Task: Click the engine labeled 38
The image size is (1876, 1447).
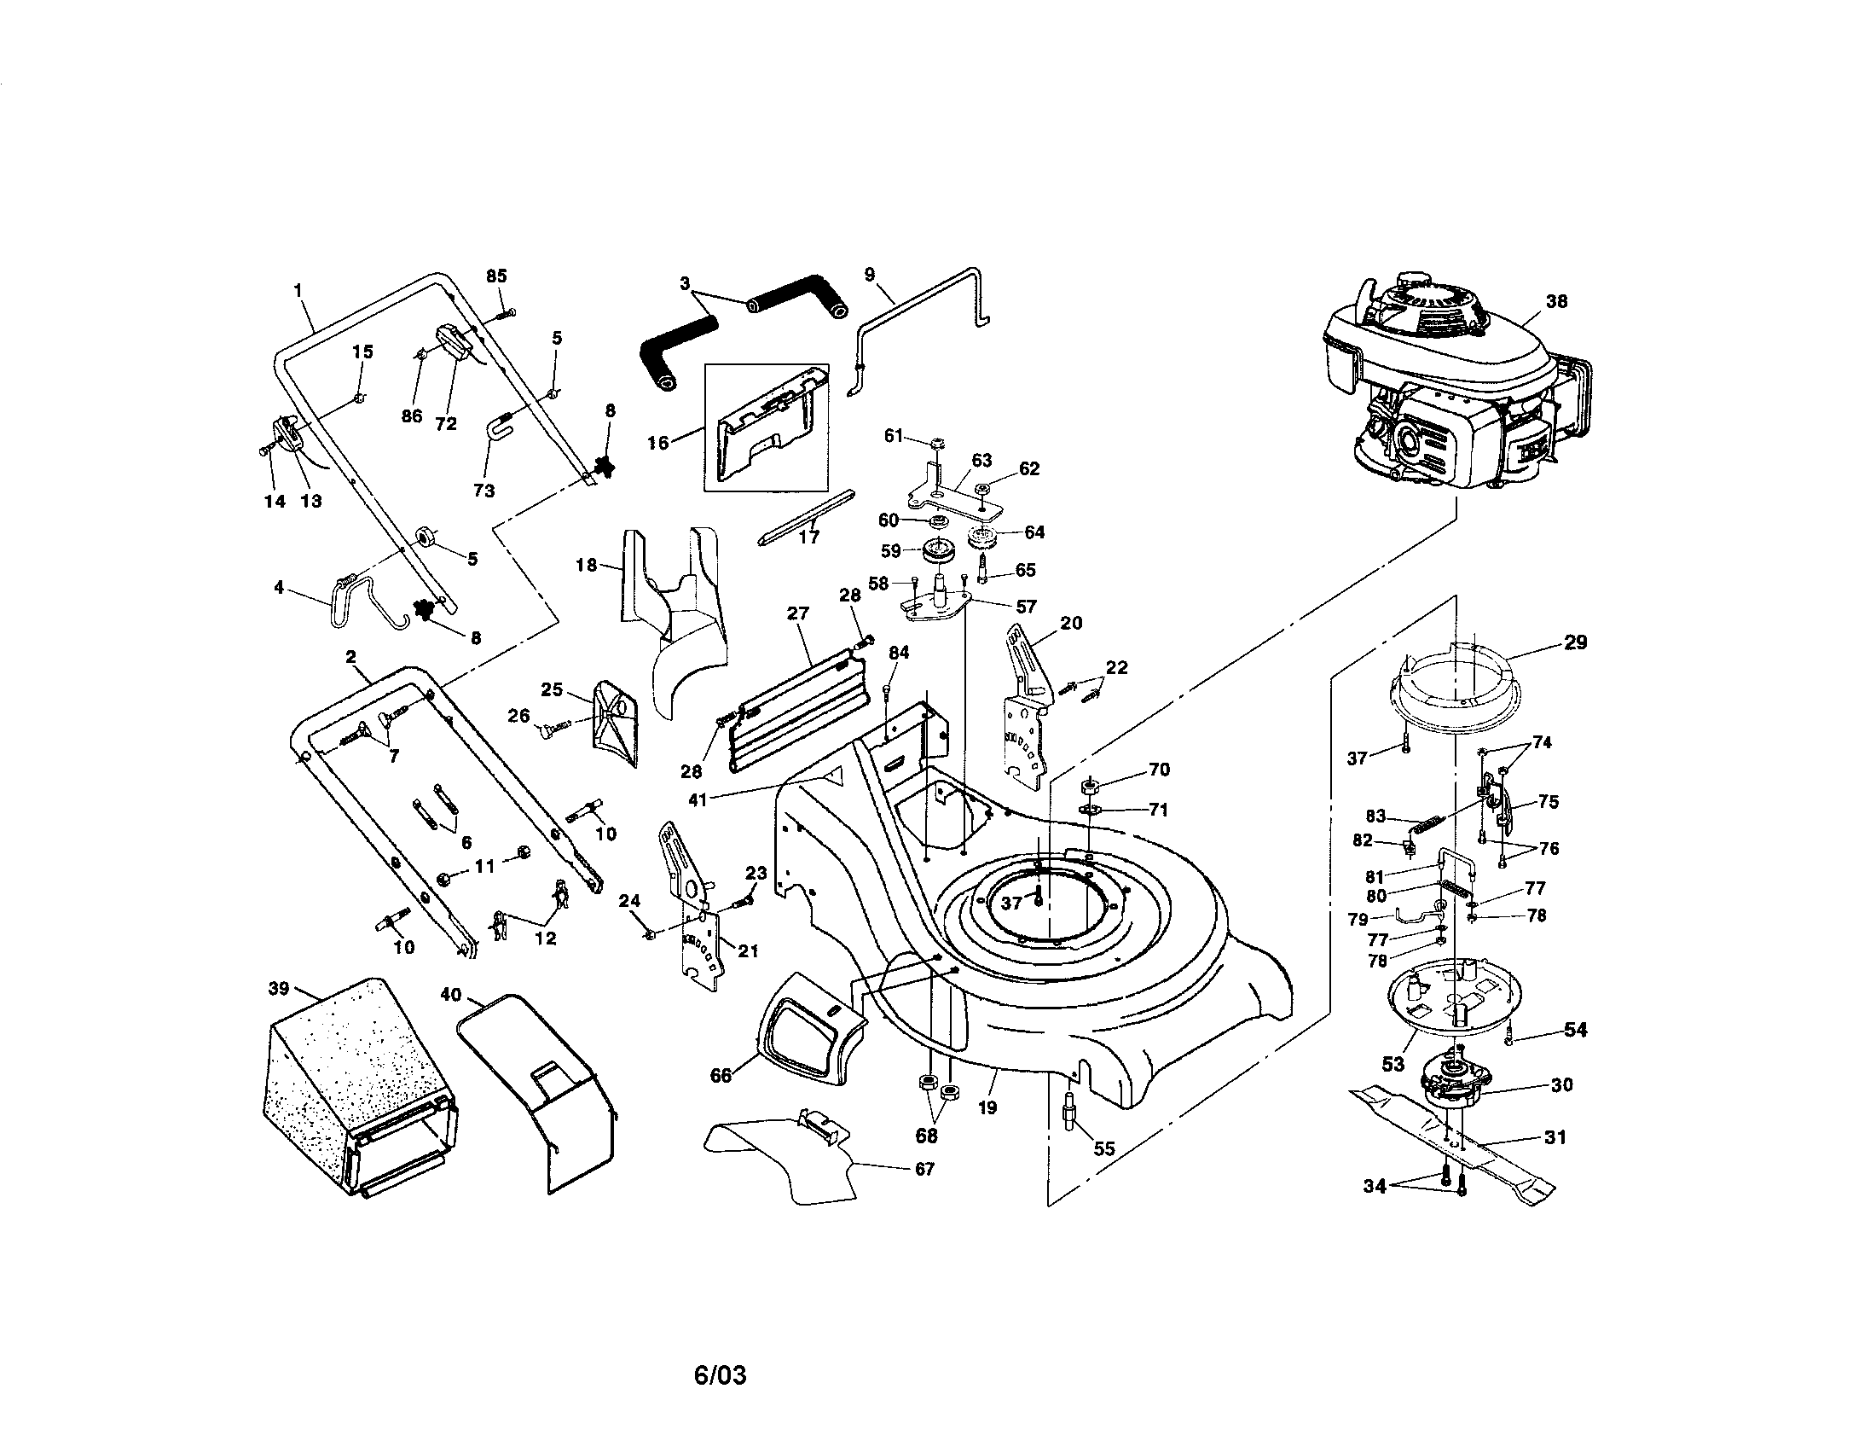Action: click(x=1451, y=386)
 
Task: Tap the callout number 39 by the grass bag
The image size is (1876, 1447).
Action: click(x=279, y=989)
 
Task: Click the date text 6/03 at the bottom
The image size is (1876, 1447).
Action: click(x=720, y=1375)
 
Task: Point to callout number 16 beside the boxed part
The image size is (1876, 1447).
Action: click(x=658, y=444)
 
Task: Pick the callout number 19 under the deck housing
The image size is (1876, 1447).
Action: click(x=987, y=1107)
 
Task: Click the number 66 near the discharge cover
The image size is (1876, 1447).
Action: click(x=721, y=1076)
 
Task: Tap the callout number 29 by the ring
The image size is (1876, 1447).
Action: click(x=1575, y=642)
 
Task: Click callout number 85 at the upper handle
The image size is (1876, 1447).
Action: click(x=496, y=276)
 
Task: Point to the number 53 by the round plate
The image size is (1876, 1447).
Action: click(x=1393, y=1064)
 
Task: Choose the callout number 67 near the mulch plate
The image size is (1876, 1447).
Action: click(x=924, y=1169)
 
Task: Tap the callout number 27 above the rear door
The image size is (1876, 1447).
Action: click(x=798, y=613)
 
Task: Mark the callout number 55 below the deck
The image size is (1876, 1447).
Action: click(x=1103, y=1149)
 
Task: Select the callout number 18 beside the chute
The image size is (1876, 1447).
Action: click(x=587, y=566)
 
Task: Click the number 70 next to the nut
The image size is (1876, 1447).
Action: click(x=1159, y=770)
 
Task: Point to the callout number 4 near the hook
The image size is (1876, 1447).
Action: click(x=278, y=588)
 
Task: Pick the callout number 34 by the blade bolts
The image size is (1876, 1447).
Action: click(x=1375, y=1187)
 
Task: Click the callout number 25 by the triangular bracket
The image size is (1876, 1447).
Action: click(x=552, y=689)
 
